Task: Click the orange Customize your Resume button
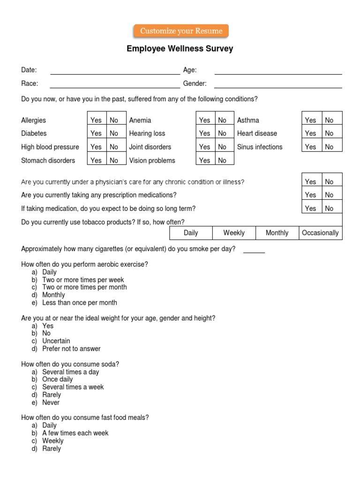[x=181, y=31]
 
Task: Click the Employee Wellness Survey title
[x=180, y=49]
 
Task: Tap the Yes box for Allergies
[x=96, y=120]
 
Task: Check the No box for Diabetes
[x=114, y=134]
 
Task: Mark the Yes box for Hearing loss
[x=205, y=134]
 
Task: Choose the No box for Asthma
[x=330, y=120]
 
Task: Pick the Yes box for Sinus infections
[x=310, y=147]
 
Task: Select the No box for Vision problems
[x=222, y=160]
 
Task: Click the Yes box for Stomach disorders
[x=96, y=160]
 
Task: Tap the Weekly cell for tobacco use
[x=234, y=233]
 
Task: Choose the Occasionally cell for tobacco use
[x=320, y=233]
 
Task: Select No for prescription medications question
[x=330, y=195]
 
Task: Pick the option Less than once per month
[x=79, y=303]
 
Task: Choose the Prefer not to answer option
[x=71, y=349]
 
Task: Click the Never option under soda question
[x=51, y=403]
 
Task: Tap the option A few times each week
[x=75, y=433]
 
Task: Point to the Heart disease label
[x=257, y=134]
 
